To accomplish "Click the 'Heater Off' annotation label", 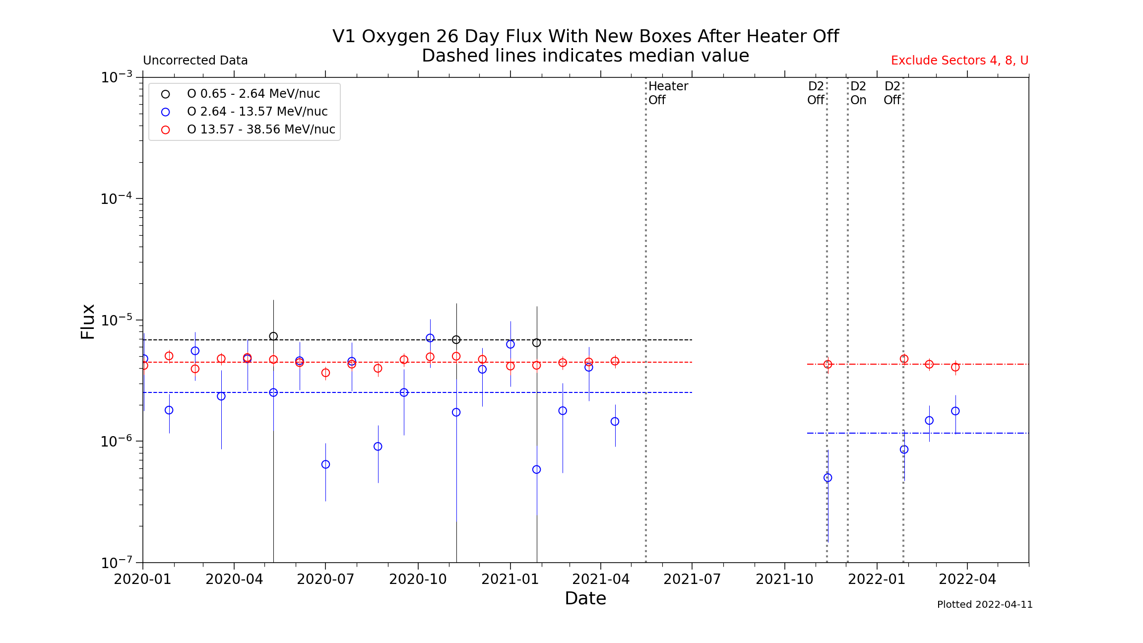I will point(668,93).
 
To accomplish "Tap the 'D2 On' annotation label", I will point(858,93).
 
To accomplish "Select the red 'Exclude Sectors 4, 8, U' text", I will point(959,61).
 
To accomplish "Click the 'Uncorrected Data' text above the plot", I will point(195,61).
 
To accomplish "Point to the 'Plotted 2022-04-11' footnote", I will point(984,604).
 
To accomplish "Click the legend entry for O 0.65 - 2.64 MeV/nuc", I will point(253,94).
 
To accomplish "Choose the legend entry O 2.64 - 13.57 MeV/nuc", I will point(257,112).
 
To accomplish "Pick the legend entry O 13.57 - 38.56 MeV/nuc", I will point(260,129).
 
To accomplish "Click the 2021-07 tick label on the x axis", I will point(692,579).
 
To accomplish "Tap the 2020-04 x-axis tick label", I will point(234,579).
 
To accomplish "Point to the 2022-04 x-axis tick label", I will point(967,579).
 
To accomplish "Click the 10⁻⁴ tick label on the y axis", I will point(117,199).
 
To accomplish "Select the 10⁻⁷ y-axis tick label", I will point(117,563).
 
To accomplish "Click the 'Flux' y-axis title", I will point(88,321).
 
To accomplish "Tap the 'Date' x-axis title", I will point(585,598).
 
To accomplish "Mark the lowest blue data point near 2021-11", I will point(827,478).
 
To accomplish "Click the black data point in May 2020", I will point(273,336).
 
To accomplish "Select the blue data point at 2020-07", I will point(325,464).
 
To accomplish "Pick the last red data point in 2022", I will point(955,367).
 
